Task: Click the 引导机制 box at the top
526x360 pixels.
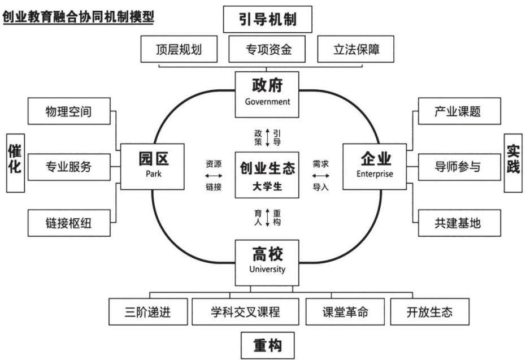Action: pos(267,19)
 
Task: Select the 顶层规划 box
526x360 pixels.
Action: pos(179,49)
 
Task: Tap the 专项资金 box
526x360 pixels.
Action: pos(267,49)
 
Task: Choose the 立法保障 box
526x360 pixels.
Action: pos(355,49)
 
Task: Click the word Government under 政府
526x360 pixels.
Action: pos(267,102)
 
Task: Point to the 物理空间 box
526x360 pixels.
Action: pos(69,111)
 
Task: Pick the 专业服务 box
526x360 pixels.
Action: pos(69,167)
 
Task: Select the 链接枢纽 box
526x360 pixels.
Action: pos(69,223)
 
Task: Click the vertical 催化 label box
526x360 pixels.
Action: pos(15,163)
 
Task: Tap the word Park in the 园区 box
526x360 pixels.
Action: pos(153,174)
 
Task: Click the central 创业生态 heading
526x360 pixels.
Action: pos(267,168)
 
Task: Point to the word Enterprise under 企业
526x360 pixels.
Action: pos(375,174)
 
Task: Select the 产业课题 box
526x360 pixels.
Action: pos(459,111)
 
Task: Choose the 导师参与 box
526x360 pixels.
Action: pos(459,167)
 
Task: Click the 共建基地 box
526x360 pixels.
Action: pos(459,223)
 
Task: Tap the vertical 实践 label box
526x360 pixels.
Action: pos(513,163)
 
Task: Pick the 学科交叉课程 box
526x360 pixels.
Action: pos(245,312)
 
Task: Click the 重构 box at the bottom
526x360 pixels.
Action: pos(267,345)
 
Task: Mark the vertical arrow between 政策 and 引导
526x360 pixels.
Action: pos(267,137)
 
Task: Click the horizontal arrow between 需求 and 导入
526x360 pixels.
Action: pos(321,175)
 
